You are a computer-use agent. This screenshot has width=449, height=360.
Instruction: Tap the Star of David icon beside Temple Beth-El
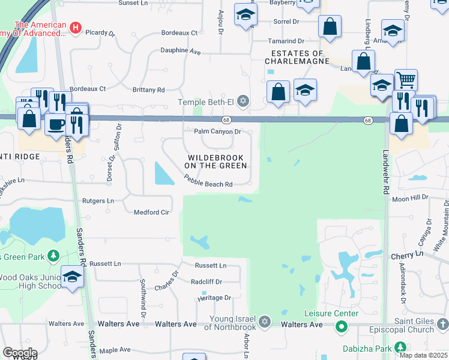243,100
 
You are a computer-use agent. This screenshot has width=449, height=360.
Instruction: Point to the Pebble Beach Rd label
208,181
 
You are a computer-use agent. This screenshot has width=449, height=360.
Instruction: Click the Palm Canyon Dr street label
217,131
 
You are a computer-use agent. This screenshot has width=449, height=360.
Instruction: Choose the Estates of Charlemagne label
297,56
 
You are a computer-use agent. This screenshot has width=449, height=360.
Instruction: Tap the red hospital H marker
76,27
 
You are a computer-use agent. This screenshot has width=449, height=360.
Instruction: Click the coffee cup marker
56,125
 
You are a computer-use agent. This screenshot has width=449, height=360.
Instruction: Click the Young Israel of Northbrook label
232,322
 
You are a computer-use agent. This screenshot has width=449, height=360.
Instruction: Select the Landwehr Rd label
387,165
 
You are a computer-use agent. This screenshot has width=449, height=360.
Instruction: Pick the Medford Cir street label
151,212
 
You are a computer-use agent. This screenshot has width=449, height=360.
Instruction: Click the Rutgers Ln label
98,200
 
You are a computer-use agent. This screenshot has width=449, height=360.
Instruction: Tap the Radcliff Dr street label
206,281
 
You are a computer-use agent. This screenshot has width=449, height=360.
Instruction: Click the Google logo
19,352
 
